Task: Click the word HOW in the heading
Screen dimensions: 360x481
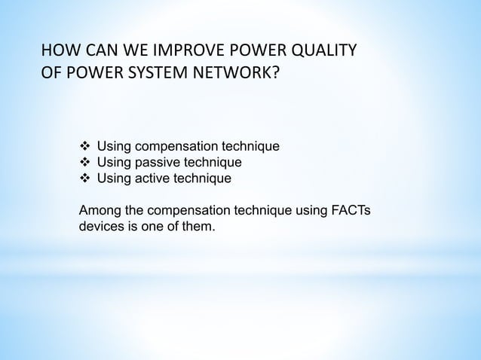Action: (59, 53)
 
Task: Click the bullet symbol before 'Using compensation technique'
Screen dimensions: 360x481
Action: (84, 145)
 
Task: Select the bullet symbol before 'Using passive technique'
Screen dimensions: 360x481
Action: (84, 162)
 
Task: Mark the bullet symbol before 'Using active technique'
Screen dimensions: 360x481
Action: (84, 178)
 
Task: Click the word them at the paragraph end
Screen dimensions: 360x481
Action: (199, 227)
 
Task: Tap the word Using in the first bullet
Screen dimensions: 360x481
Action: (114, 145)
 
